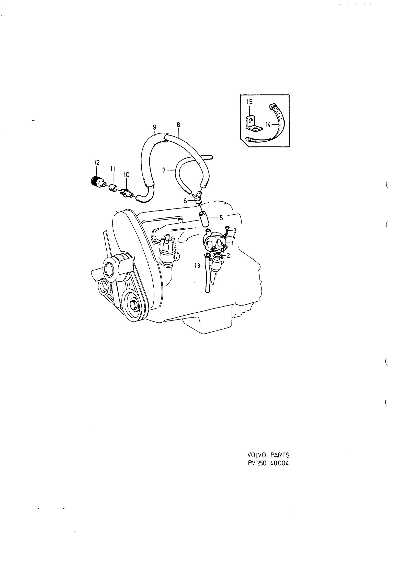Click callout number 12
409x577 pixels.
click(97, 163)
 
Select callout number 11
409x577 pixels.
click(112, 169)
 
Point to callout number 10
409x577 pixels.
click(127, 175)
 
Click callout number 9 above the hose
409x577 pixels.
click(155, 127)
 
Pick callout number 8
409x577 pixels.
click(178, 125)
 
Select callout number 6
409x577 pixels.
click(185, 201)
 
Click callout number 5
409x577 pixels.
click(221, 218)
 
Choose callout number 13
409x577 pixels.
click(197, 266)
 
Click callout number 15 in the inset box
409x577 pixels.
click(249, 102)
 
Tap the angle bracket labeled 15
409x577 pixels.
click(254, 124)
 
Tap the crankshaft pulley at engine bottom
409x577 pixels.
click(132, 305)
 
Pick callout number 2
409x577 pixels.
click(228, 255)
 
